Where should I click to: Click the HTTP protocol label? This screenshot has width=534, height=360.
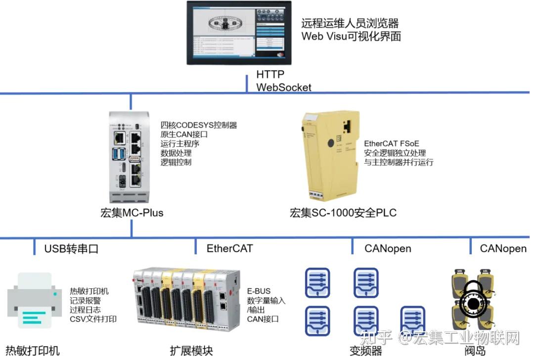pos(270,74)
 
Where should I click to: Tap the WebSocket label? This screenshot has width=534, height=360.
pos(283,87)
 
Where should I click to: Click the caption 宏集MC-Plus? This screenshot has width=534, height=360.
pos(131,213)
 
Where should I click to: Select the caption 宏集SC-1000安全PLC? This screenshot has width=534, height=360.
pos(343,213)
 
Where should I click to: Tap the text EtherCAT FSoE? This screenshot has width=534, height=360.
pos(392,143)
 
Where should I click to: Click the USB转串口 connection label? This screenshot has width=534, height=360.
pos(71,248)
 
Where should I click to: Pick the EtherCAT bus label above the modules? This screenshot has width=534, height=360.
pos(229,248)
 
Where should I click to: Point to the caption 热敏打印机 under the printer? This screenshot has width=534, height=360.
pos(33,351)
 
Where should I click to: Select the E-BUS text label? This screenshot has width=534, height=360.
pos(259,291)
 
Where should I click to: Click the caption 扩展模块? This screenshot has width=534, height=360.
pos(191,351)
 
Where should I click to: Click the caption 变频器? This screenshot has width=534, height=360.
pos(366,351)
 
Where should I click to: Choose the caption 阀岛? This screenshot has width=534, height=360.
pos(475,351)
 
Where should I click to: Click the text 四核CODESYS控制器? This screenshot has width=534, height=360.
pos(199,125)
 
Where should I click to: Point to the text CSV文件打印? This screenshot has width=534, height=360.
pos(93,319)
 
